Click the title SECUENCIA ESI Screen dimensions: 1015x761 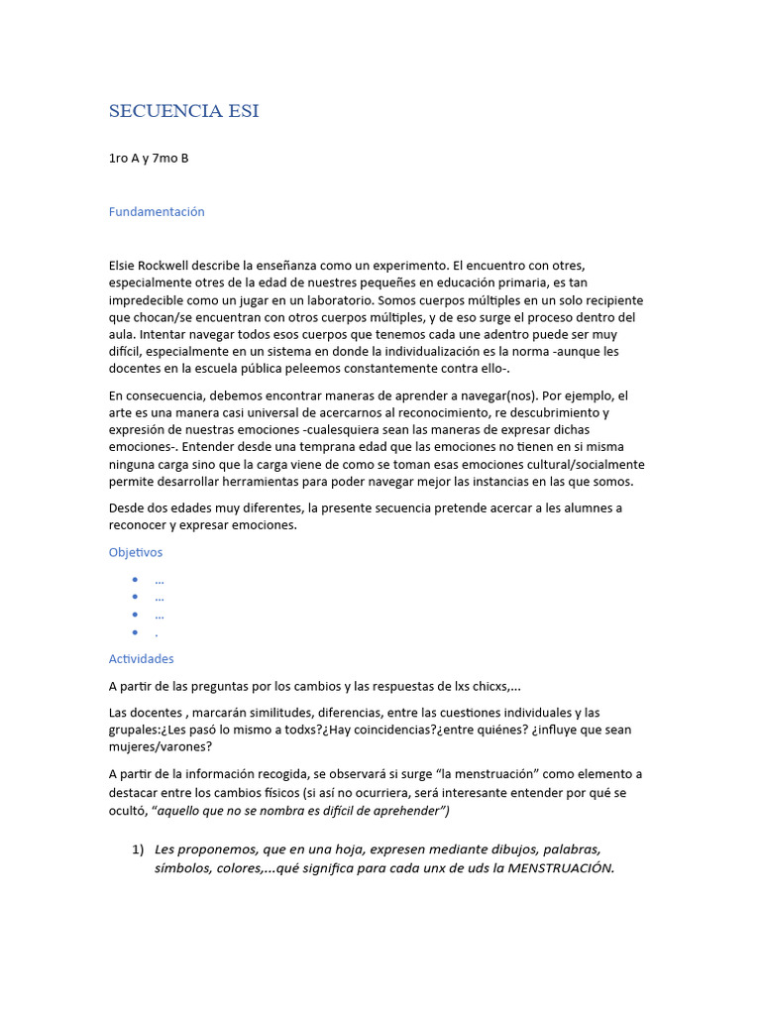coord(183,111)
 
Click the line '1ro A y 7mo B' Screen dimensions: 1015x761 coord(149,159)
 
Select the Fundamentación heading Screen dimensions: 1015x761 coord(157,211)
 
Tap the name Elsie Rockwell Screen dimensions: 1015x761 coord(154,266)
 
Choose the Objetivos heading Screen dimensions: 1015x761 coord(136,552)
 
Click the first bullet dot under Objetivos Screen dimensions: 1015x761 coord(135,580)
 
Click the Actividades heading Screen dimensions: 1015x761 coord(141,658)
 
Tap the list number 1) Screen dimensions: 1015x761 coord(139,849)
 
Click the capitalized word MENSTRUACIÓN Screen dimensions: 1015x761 coord(560,868)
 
